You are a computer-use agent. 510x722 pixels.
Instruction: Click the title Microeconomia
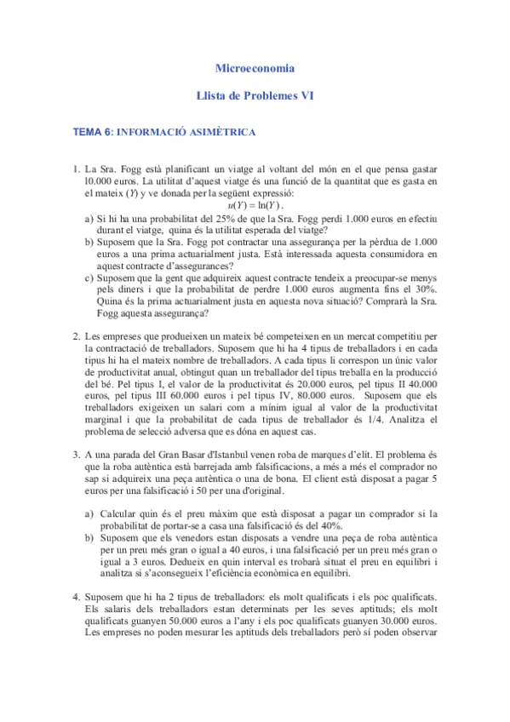point(255,67)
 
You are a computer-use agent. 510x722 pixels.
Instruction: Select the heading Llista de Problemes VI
point(255,97)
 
